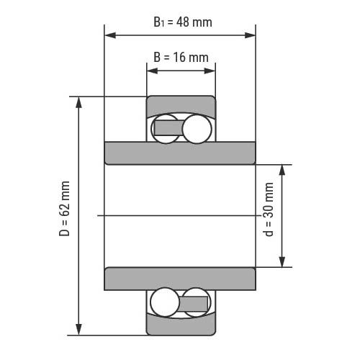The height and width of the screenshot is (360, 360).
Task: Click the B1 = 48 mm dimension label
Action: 183,22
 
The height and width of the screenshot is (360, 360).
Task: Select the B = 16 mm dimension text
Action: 181,58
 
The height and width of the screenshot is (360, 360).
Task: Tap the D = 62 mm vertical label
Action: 64,209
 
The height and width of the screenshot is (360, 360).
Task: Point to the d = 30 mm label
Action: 269,210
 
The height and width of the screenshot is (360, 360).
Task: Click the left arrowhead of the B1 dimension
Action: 110,35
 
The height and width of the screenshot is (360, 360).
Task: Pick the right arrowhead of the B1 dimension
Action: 250,35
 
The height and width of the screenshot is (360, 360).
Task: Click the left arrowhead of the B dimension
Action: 153,71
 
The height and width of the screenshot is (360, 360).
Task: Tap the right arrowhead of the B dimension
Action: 210,71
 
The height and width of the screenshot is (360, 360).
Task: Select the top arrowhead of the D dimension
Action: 78,102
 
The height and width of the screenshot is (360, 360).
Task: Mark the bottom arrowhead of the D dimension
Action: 78,329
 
